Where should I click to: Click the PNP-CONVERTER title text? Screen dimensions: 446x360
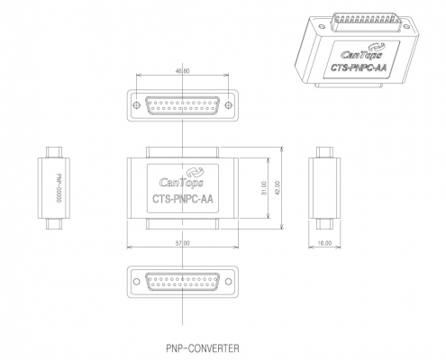click(x=203, y=348)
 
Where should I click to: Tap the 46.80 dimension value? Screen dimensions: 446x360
click(x=182, y=71)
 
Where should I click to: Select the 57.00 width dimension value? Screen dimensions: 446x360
click(x=183, y=243)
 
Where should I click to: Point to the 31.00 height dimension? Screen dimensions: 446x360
click(x=264, y=188)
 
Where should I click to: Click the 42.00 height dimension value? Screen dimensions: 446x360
click(x=277, y=188)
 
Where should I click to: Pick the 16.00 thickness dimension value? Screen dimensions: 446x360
click(x=324, y=243)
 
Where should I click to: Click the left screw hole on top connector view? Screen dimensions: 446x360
click(x=136, y=105)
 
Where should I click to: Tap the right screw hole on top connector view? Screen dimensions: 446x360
click(x=229, y=105)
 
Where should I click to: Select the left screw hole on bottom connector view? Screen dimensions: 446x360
click(x=136, y=282)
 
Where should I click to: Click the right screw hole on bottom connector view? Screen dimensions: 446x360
click(x=229, y=282)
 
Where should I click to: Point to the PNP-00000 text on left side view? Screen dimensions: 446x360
click(x=59, y=188)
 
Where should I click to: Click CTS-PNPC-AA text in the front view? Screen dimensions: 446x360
click(x=183, y=199)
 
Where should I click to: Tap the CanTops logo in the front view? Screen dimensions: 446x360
click(x=182, y=178)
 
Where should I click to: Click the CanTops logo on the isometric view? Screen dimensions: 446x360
click(x=362, y=52)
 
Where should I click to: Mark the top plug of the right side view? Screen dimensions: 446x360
click(x=324, y=152)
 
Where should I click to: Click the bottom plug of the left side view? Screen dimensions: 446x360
click(x=54, y=224)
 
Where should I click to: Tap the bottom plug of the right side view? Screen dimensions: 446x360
click(x=324, y=224)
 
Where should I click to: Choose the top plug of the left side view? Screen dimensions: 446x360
click(x=54, y=152)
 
